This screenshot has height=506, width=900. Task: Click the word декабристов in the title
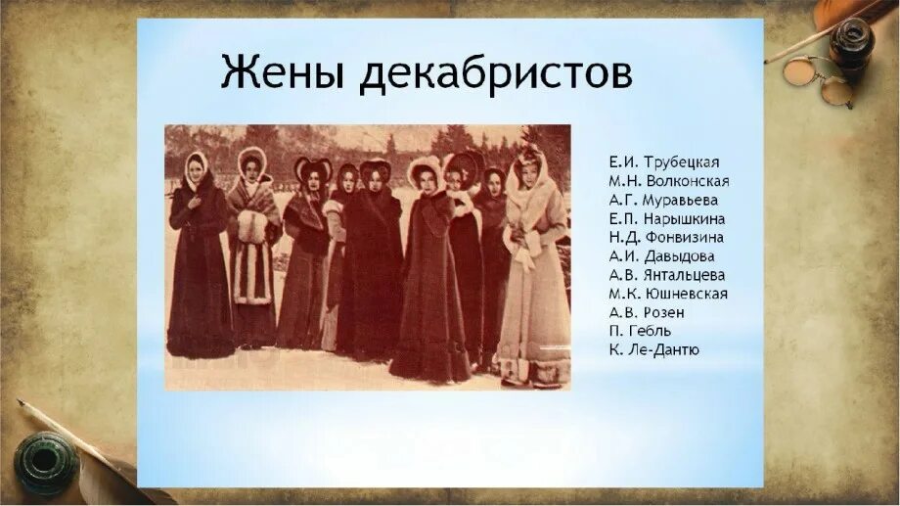click(x=496, y=74)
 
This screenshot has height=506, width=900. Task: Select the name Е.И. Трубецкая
click(x=663, y=162)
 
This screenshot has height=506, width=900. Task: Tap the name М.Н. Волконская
click(x=668, y=181)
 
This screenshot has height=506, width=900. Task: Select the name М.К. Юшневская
click(x=667, y=294)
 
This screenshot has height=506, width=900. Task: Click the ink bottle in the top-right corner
click(x=850, y=44)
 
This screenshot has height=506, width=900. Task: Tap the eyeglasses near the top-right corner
click(x=820, y=78)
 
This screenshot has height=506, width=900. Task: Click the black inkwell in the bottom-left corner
click(x=44, y=461)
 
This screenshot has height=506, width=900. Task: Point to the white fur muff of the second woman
click(x=252, y=227)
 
